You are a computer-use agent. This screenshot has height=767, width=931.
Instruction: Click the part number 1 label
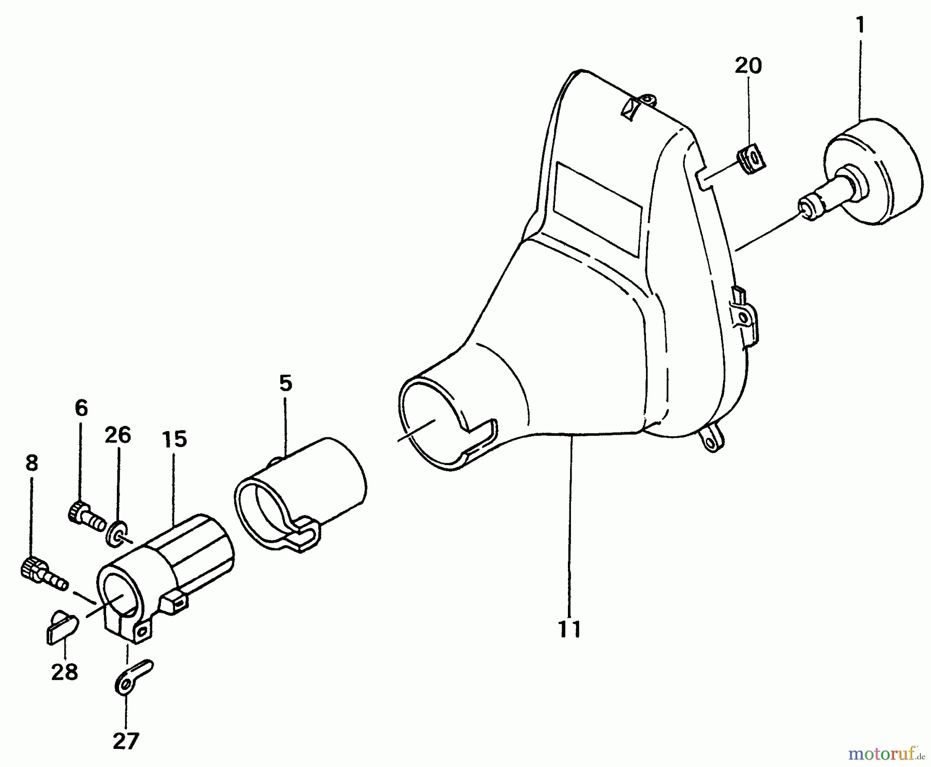[x=860, y=24]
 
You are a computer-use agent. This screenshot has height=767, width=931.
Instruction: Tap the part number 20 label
[x=748, y=66]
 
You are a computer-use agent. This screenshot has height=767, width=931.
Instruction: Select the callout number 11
[x=569, y=629]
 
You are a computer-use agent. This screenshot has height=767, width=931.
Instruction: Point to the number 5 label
[x=286, y=383]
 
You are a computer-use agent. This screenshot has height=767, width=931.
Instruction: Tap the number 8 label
[x=32, y=463]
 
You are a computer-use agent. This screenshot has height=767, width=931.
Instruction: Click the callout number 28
[x=65, y=672]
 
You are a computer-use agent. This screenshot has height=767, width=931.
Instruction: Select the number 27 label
[x=126, y=741]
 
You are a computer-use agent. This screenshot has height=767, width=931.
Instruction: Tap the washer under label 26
[x=117, y=534]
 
